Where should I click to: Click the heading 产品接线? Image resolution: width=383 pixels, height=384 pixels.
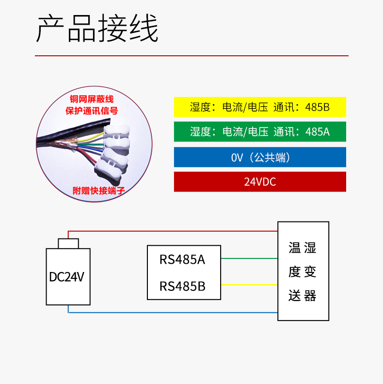(x=97, y=28)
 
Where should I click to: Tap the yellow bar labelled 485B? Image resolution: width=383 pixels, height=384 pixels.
(x=260, y=107)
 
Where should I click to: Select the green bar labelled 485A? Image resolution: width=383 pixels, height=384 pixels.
(x=260, y=132)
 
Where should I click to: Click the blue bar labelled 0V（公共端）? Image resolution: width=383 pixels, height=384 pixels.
(x=260, y=157)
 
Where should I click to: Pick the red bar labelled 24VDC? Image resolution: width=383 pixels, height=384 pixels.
(x=260, y=182)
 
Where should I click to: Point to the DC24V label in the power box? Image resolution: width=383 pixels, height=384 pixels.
(x=66, y=277)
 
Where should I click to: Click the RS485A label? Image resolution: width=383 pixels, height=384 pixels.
(x=182, y=259)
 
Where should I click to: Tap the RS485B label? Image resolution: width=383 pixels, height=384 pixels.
(x=182, y=286)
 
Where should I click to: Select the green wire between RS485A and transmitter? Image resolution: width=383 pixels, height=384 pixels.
(x=249, y=258)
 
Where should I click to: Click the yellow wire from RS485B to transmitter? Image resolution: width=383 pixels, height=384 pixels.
(x=249, y=285)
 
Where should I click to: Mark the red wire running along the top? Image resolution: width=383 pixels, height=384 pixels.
(x=173, y=231)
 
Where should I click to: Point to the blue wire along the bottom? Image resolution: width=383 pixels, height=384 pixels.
(x=173, y=313)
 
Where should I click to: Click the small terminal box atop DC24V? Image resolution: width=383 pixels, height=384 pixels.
(x=68, y=244)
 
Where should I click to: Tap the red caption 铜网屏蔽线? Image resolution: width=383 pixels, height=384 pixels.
(x=92, y=99)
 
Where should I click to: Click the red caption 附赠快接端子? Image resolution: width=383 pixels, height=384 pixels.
(x=99, y=191)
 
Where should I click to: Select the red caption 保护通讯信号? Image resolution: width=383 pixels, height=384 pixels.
(x=92, y=111)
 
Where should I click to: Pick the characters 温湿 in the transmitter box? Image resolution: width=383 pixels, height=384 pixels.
(x=303, y=248)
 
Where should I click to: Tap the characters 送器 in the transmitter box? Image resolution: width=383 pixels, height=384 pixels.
(x=303, y=296)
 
